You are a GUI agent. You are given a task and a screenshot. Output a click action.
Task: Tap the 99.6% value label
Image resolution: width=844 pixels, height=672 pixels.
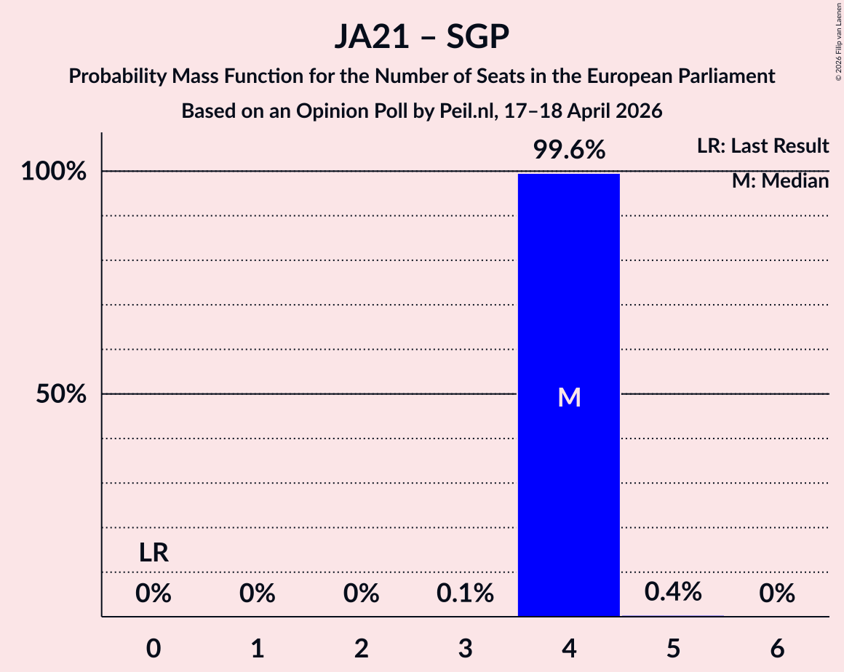(569, 151)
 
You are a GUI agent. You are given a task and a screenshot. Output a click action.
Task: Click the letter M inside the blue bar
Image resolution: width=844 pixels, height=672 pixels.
(569, 397)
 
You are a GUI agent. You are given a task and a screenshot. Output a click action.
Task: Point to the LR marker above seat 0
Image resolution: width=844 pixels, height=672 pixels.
(154, 553)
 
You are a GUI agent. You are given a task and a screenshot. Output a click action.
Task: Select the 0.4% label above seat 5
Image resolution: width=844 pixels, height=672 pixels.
(673, 592)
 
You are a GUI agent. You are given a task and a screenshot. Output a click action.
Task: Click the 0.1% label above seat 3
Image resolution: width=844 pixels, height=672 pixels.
(465, 594)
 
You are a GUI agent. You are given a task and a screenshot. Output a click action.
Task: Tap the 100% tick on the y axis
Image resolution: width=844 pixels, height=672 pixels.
(54, 172)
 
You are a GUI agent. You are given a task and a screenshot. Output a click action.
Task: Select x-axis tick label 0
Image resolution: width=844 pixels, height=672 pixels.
(154, 649)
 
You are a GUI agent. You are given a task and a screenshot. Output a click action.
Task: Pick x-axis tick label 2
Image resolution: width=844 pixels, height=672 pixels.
(362, 649)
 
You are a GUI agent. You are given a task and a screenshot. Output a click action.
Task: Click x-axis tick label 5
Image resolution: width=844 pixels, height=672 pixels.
(673, 649)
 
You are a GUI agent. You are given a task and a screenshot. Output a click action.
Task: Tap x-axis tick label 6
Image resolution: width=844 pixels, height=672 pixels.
(777, 649)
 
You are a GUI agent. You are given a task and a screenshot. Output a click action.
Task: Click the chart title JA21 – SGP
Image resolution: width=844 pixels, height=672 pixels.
(422, 36)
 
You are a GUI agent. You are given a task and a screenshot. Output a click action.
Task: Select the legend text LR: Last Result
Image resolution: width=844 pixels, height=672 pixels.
(763, 146)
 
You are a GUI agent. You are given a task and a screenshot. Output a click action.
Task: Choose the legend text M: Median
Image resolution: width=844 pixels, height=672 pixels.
(780, 181)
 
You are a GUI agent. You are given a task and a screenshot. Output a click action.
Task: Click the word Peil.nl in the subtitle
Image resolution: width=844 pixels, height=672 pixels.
(431, 111)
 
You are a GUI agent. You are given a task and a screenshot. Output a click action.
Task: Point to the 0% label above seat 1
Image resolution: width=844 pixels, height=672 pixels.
(258, 594)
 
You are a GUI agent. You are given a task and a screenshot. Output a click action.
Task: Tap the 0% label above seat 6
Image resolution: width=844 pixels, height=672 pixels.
(777, 594)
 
